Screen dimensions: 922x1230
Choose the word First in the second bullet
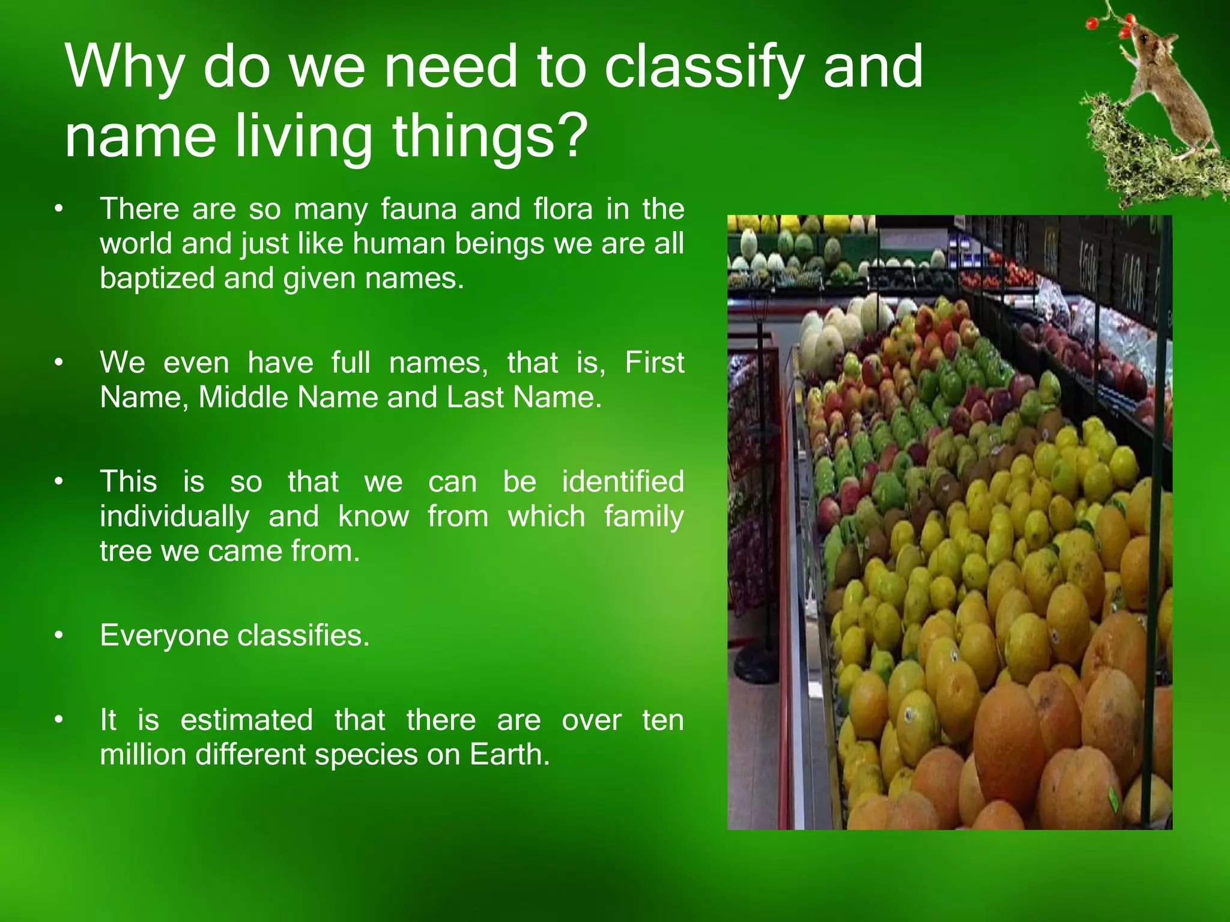tap(654, 363)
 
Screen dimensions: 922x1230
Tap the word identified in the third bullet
tap(623, 482)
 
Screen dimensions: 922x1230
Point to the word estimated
tap(246, 720)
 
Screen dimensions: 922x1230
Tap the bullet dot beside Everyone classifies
tap(58, 636)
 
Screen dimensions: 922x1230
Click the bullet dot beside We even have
tap(58, 363)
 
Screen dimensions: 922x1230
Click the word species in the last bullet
tap(366, 755)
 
